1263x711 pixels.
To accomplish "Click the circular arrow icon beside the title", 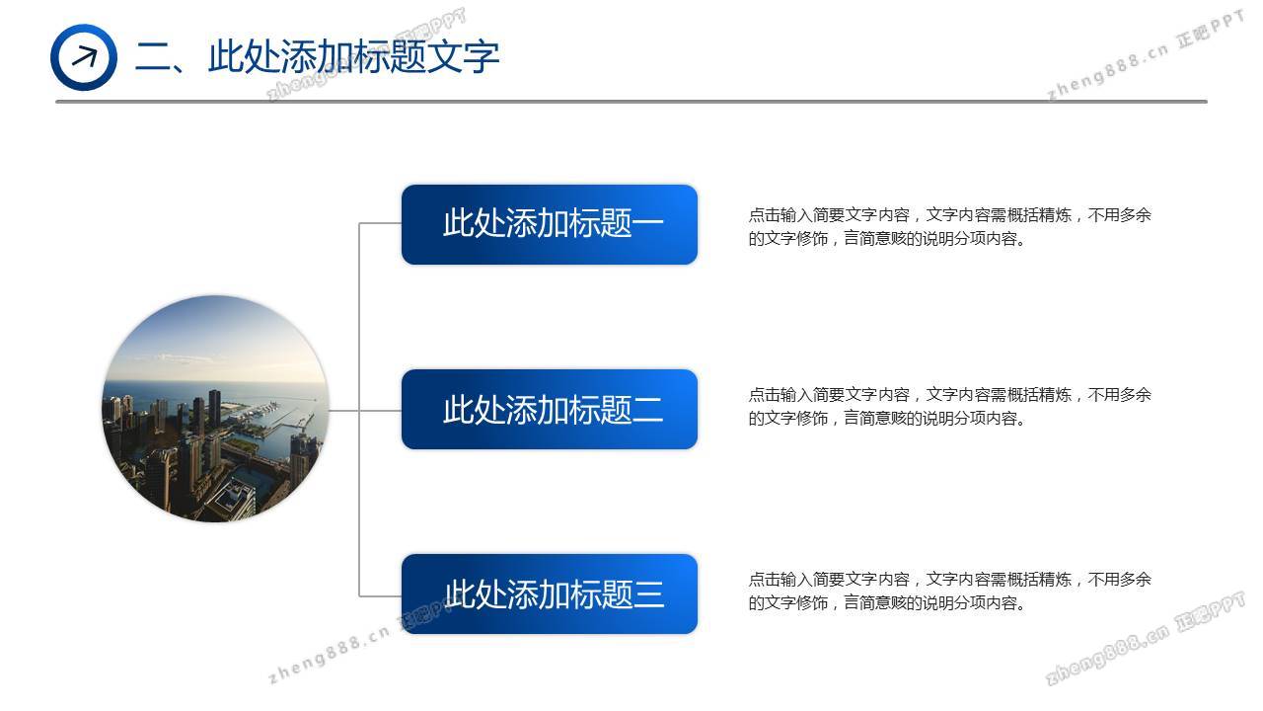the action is tap(84, 57).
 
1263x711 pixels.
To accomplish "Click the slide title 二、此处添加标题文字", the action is tap(317, 57).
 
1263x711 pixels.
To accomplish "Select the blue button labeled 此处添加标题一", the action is tap(550, 224).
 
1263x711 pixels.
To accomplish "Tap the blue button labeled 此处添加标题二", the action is tap(550, 409).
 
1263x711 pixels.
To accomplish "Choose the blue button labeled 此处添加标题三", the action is tap(550, 593).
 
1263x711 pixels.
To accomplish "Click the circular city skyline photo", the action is tap(215, 409).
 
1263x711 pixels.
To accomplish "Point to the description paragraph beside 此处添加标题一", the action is tap(949, 227).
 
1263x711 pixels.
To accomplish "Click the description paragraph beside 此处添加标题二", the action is tap(949, 406).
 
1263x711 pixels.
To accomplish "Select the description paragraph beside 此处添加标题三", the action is tap(949, 591).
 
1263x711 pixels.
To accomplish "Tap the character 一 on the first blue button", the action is tap(648, 223).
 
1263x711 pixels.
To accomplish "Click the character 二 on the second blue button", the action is tap(648, 410).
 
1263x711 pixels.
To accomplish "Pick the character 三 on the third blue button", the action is tap(648, 594).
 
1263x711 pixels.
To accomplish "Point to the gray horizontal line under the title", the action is tap(631, 102).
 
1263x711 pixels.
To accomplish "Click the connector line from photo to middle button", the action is tap(365, 410).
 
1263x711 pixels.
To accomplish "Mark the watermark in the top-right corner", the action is tap(1145, 55).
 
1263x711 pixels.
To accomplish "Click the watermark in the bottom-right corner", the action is tap(1145, 638).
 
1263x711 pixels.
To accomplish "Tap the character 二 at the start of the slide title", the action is tap(152, 57).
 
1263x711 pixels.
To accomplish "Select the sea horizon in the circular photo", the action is tap(215, 382).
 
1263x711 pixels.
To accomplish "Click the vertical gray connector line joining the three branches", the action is tap(359, 410).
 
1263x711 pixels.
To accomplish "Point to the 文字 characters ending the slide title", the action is tap(464, 57).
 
